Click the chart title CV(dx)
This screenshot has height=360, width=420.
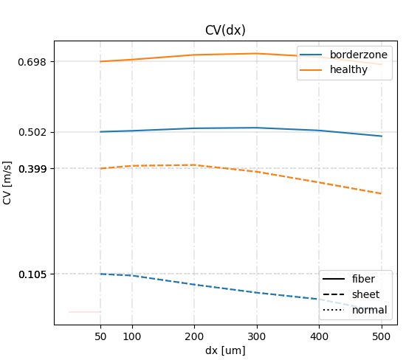coord(225,30)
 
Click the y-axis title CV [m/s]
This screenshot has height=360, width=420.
coord(7,182)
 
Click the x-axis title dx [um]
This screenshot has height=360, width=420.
coord(225,350)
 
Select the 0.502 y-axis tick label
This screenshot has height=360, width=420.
coord(32,132)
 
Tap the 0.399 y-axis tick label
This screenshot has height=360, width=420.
coord(32,169)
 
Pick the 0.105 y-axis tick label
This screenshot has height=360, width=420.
coord(32,274)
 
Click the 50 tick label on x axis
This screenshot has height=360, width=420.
coord(100,336)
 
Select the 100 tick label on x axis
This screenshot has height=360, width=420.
coord(132,336)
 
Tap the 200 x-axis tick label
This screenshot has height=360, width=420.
coord(194,336)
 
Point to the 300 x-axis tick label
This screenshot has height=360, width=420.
coord(256,336)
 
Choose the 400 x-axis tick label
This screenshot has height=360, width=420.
coord(319,336)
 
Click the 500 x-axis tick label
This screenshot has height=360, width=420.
coord(381,336)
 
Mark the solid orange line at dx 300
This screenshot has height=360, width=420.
coord(256,53)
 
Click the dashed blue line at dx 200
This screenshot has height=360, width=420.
coord(194,285)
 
